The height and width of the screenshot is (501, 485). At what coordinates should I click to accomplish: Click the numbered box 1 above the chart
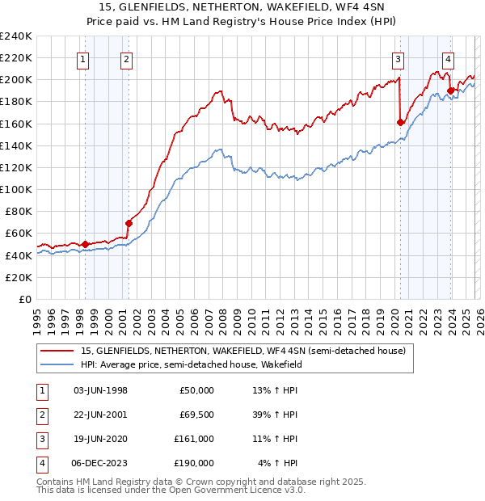84,58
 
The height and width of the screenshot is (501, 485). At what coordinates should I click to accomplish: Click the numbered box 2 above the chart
127,58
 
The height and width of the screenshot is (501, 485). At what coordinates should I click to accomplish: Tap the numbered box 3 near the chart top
399,58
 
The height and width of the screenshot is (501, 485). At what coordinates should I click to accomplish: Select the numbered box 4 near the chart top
448,58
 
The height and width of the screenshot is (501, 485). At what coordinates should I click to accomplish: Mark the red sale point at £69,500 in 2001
128,223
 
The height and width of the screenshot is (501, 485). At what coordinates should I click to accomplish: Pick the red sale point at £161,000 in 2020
400,123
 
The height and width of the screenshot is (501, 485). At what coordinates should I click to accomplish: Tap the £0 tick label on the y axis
24,299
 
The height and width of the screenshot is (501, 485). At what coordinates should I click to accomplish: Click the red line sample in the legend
56,351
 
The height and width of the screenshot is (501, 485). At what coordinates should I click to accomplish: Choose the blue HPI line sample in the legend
56,364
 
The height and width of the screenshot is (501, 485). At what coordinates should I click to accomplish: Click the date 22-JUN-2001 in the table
100,415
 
